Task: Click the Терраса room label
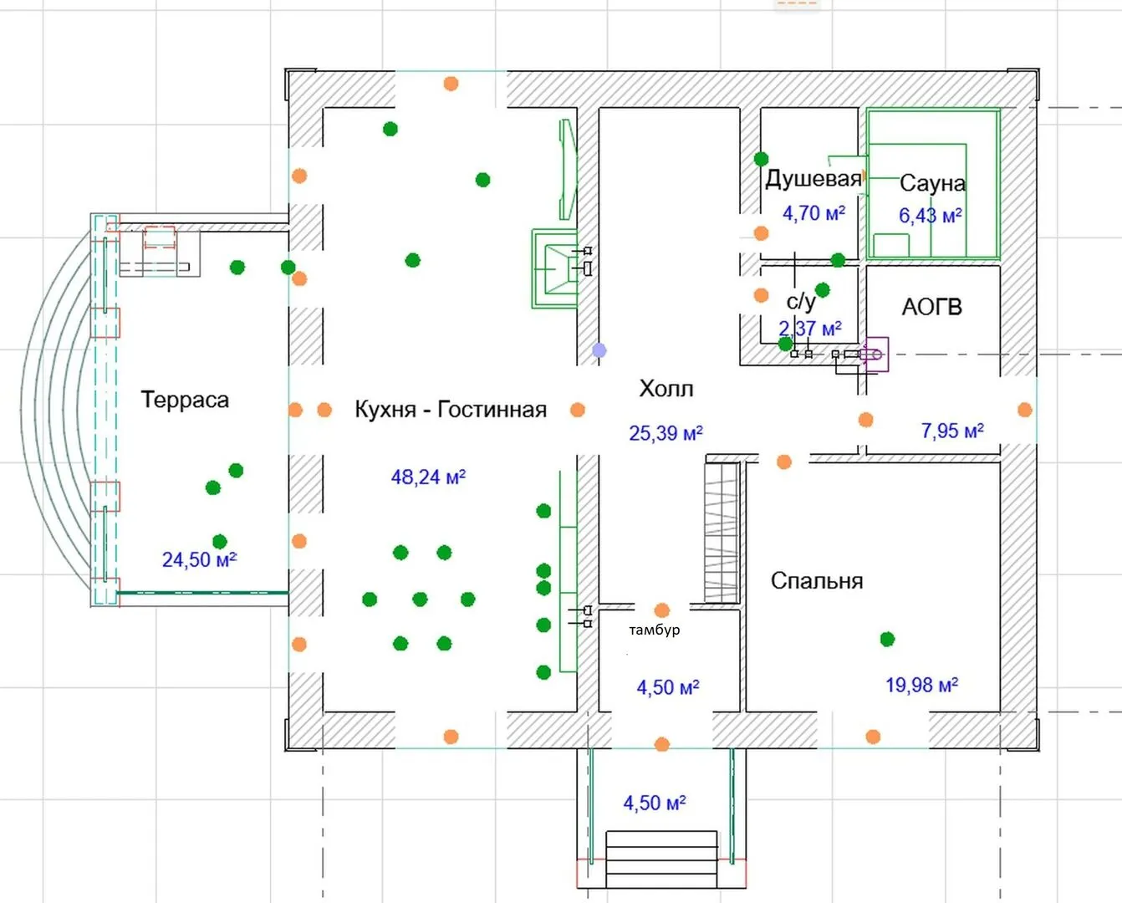point(185,400)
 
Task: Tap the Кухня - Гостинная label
point(451,410)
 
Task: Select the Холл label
point(666,389)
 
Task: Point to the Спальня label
point(817,581)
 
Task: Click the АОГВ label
point(931,307)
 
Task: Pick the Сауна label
point(932,183)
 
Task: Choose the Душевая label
point(813,179)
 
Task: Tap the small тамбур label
point(655,630)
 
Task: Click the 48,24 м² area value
point(428,477)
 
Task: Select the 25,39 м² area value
point(666,433)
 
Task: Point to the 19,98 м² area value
point(921,686)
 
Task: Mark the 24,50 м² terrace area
point(199,559)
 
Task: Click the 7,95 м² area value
point(952,431)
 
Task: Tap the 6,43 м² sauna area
point(930,216)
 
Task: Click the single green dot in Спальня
point(887,640)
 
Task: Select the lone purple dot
point(599,350)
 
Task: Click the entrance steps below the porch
point(661,859)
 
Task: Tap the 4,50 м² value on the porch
point(655,804)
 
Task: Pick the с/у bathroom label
point(800,301)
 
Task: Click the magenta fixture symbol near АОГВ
point(875,355)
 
